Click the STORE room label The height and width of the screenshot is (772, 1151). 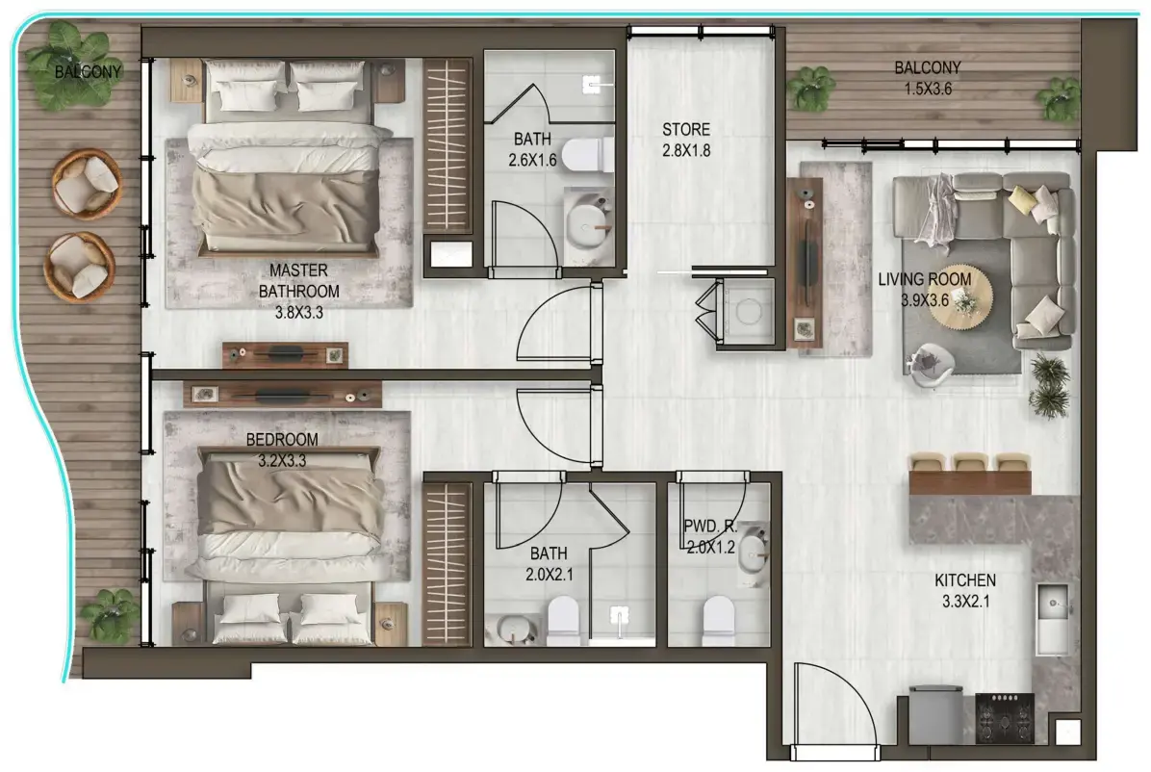(x=686, y=130)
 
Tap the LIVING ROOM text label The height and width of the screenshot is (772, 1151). (x=924, y=280)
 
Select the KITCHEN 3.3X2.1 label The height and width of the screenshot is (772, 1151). (x=964, y=581)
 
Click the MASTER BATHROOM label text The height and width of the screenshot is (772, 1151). (x=304, y=280)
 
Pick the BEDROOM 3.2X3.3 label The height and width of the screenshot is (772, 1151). (x=282, y=440)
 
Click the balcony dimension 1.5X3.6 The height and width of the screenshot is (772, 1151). (x=927, y=88)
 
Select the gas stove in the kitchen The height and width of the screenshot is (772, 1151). (x=1005, y=717)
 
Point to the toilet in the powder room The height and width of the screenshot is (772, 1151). (x=718, y=616)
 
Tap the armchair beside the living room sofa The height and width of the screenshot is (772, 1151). (x=930, y=365)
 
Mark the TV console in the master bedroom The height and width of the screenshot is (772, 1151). (x=285, y=354)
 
